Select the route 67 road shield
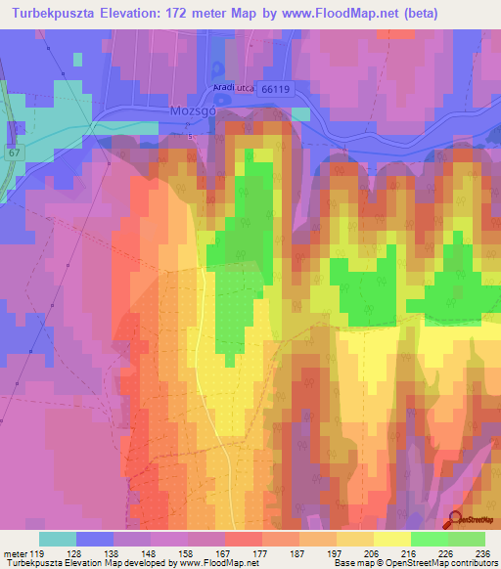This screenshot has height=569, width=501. pyautogui.click(x=13, y=153)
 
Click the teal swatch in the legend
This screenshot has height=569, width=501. pyautogui.click(x=57, y=539)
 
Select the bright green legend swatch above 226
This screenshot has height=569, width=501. pyautogui.click(x=429, y=539)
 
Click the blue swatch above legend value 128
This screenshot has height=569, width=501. pyautogui.click(x=95, y=539)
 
